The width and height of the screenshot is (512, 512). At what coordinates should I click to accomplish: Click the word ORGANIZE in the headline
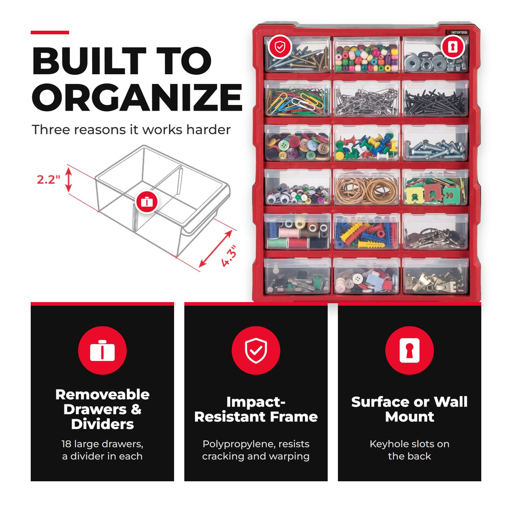tap(137, 97)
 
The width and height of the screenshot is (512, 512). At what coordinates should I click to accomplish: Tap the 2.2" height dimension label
tap(48, 180)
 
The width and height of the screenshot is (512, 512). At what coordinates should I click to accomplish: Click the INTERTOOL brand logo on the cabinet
tap(457, 32)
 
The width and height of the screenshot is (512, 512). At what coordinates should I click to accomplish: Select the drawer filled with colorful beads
tap(367, 55)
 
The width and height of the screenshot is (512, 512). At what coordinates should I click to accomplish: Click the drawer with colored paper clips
tap(297, 99)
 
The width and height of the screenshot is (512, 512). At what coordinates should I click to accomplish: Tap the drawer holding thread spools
tap(297, 231)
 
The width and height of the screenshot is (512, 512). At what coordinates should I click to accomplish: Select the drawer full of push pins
tap(367, 143)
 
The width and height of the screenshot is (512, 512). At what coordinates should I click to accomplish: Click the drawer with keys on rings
tap(436, 231)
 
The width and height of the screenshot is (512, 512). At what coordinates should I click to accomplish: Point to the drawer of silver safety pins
tap(367, 99)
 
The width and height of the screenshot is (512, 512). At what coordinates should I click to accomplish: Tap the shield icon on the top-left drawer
tap(280, 47)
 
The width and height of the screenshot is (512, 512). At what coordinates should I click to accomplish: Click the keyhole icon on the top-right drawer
tap(453, 47)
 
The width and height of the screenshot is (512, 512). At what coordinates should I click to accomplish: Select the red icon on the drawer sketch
tap(146, 202)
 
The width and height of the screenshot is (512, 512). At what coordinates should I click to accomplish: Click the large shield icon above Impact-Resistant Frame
tap(256, 350)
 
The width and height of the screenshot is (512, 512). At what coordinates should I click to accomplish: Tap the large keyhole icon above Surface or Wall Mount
tap(410, 350)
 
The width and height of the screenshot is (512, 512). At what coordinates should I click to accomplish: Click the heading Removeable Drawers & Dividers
tap(102, 409)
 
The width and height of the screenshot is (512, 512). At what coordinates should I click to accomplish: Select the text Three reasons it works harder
tap(131, 130)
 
